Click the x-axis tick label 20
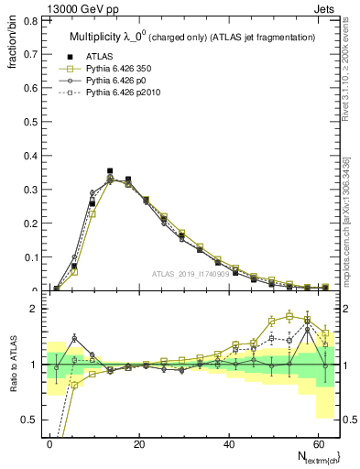point(138,442)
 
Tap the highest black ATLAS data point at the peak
point(110,171)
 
